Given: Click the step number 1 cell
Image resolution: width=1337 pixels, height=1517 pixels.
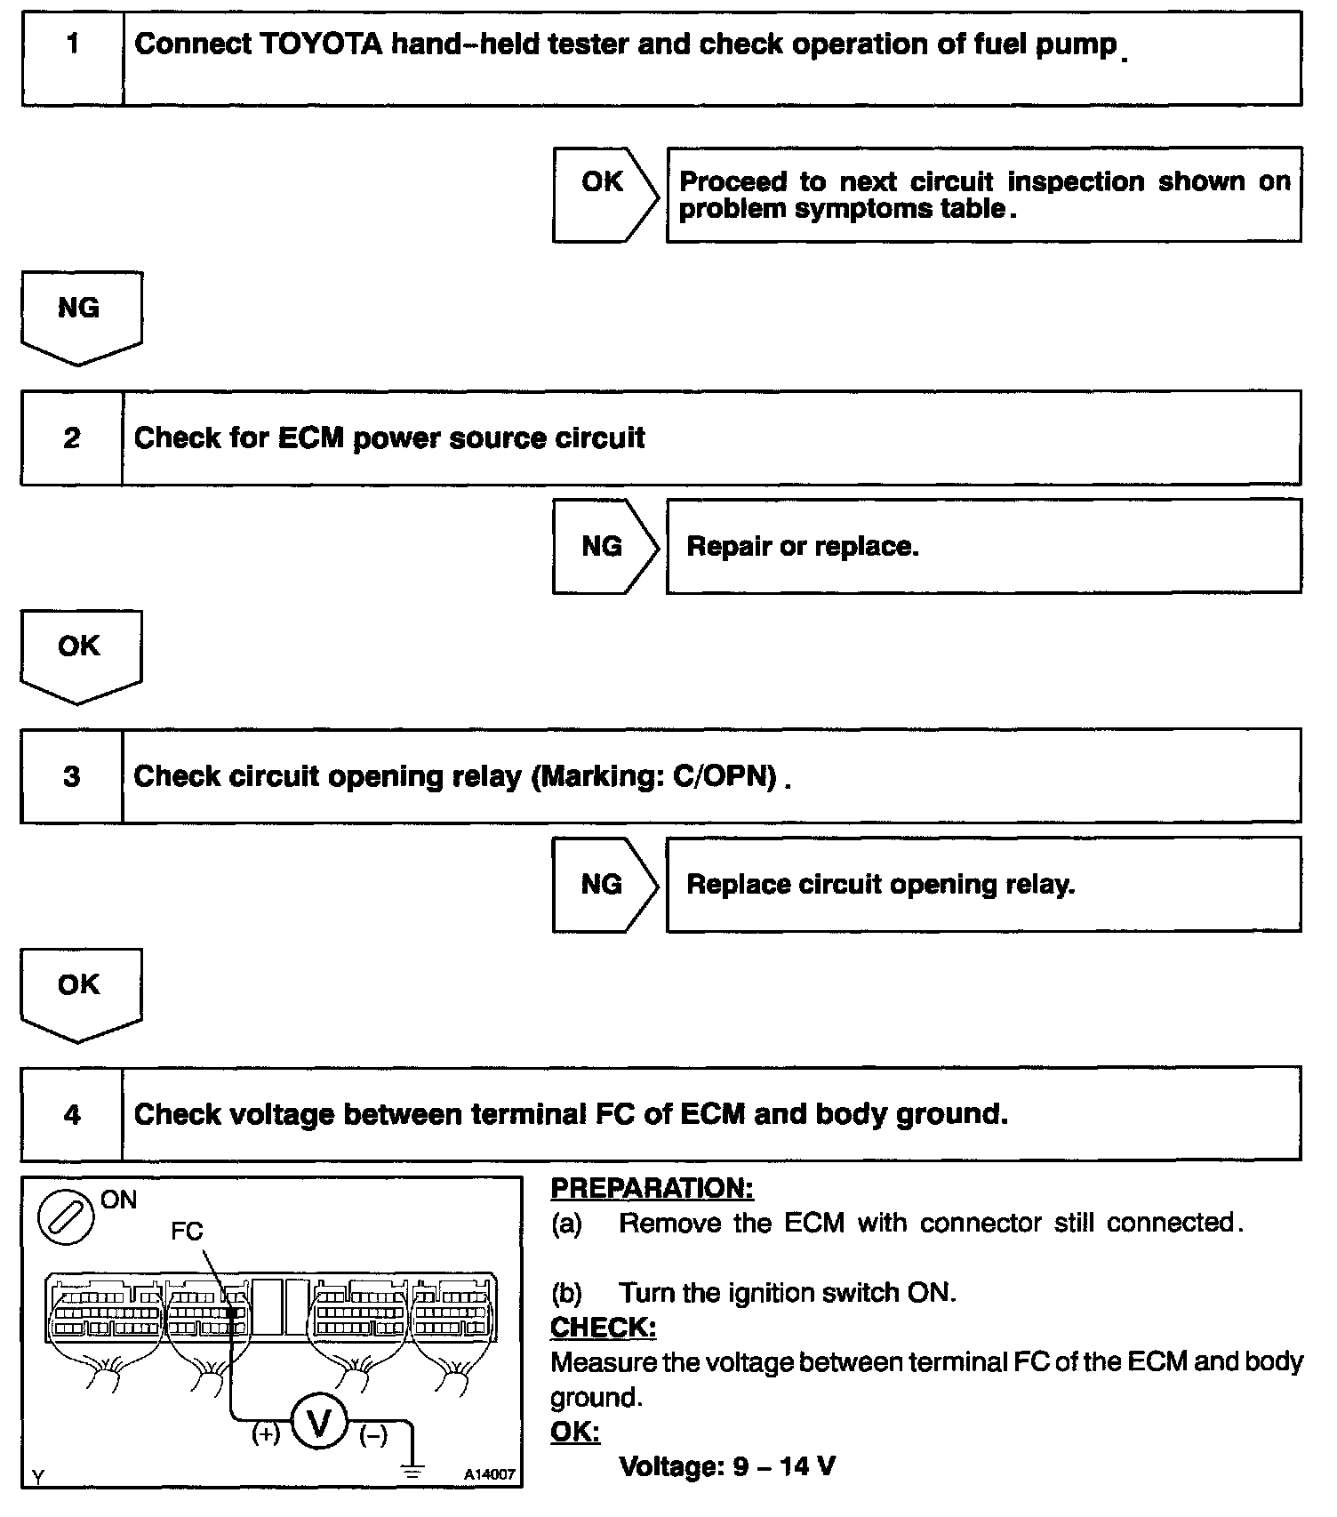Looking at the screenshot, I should click(x=72, y=59).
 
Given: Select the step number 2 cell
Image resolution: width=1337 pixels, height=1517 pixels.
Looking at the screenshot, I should click(x=71, y=437).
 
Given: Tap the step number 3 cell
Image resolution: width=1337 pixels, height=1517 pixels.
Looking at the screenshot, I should click(x=71, y=776).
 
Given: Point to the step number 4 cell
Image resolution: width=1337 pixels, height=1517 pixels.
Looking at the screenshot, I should click(x=71, y=1114).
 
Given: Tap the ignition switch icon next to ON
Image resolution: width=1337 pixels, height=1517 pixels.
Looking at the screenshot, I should click(x=66, y=1218).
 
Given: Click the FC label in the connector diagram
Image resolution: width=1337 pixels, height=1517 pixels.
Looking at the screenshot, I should click(x=187, y=1231).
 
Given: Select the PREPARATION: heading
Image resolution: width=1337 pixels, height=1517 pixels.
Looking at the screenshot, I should click(x=652, y=1188).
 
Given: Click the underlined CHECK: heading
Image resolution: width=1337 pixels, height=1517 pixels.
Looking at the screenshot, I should click(x=603, y=1328).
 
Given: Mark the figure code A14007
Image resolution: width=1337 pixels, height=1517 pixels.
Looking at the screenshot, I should click(x=489, y=1474).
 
